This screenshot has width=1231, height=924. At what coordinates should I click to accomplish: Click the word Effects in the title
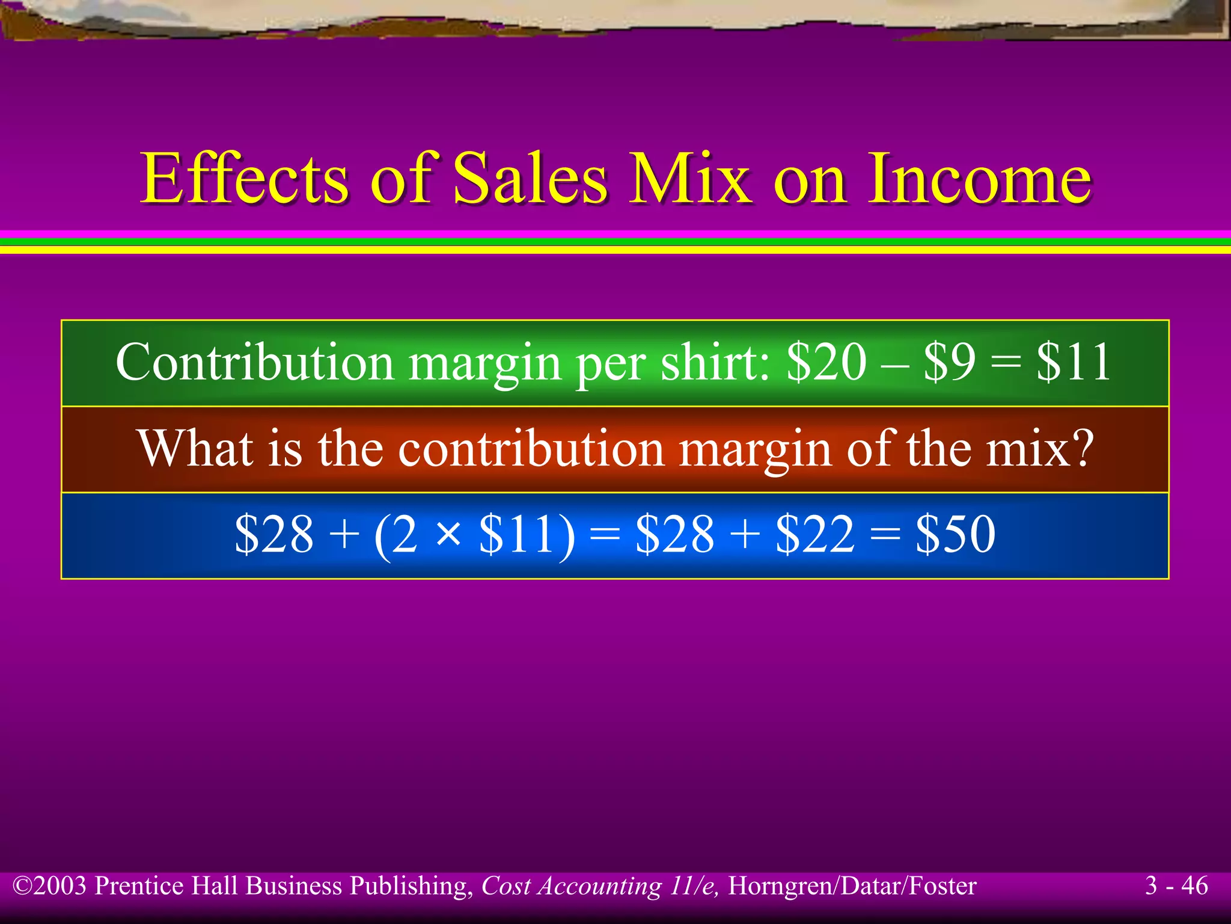(244, 179)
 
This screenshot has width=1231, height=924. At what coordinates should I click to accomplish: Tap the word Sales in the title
(529, 179)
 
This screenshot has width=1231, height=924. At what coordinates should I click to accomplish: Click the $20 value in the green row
(826, 362)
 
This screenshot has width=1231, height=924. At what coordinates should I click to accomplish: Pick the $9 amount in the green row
(950, 362)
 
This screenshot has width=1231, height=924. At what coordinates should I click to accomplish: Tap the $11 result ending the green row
(1074, 362)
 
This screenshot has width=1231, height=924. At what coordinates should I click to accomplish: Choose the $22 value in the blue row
(815, 534)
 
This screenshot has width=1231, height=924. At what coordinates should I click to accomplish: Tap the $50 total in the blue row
(955, 534)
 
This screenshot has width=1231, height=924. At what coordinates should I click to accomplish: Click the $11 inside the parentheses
(524, 534)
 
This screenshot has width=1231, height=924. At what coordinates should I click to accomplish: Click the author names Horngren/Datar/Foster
(852, 886)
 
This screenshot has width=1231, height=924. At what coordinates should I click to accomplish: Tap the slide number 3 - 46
(1176, 885)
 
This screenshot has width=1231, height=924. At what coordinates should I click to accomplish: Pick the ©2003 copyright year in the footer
(50, 886)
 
